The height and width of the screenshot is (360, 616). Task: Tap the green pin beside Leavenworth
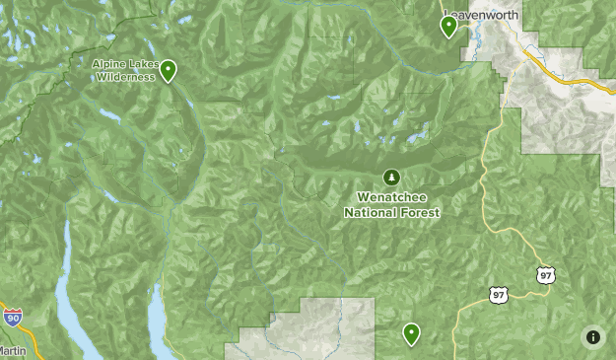point(448,27)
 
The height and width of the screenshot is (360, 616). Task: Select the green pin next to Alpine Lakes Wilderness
point(170,70)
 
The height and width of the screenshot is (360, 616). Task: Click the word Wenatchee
point(392,197)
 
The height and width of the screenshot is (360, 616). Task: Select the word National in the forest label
point(370,211)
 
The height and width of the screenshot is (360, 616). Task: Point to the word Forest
point(420,211)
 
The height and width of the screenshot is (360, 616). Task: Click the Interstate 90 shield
point(12,317)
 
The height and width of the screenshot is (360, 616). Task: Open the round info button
point(592,336)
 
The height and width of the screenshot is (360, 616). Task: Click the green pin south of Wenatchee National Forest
point(411,334)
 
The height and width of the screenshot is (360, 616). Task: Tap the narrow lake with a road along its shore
point(157,315)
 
